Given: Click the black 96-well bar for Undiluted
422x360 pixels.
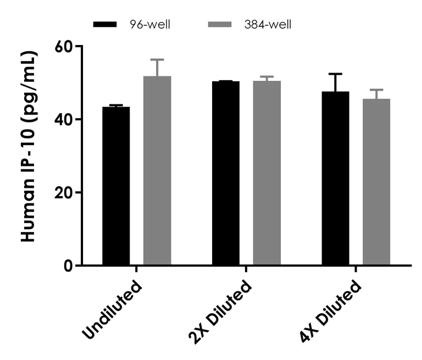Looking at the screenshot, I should click(x=116, y=187).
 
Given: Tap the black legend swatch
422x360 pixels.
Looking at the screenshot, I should click(x=112, y=25).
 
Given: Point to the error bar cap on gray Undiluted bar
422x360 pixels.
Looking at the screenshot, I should click(x=157, y=59).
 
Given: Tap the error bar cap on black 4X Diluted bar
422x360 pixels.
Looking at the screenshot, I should click(x=335, y=74).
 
